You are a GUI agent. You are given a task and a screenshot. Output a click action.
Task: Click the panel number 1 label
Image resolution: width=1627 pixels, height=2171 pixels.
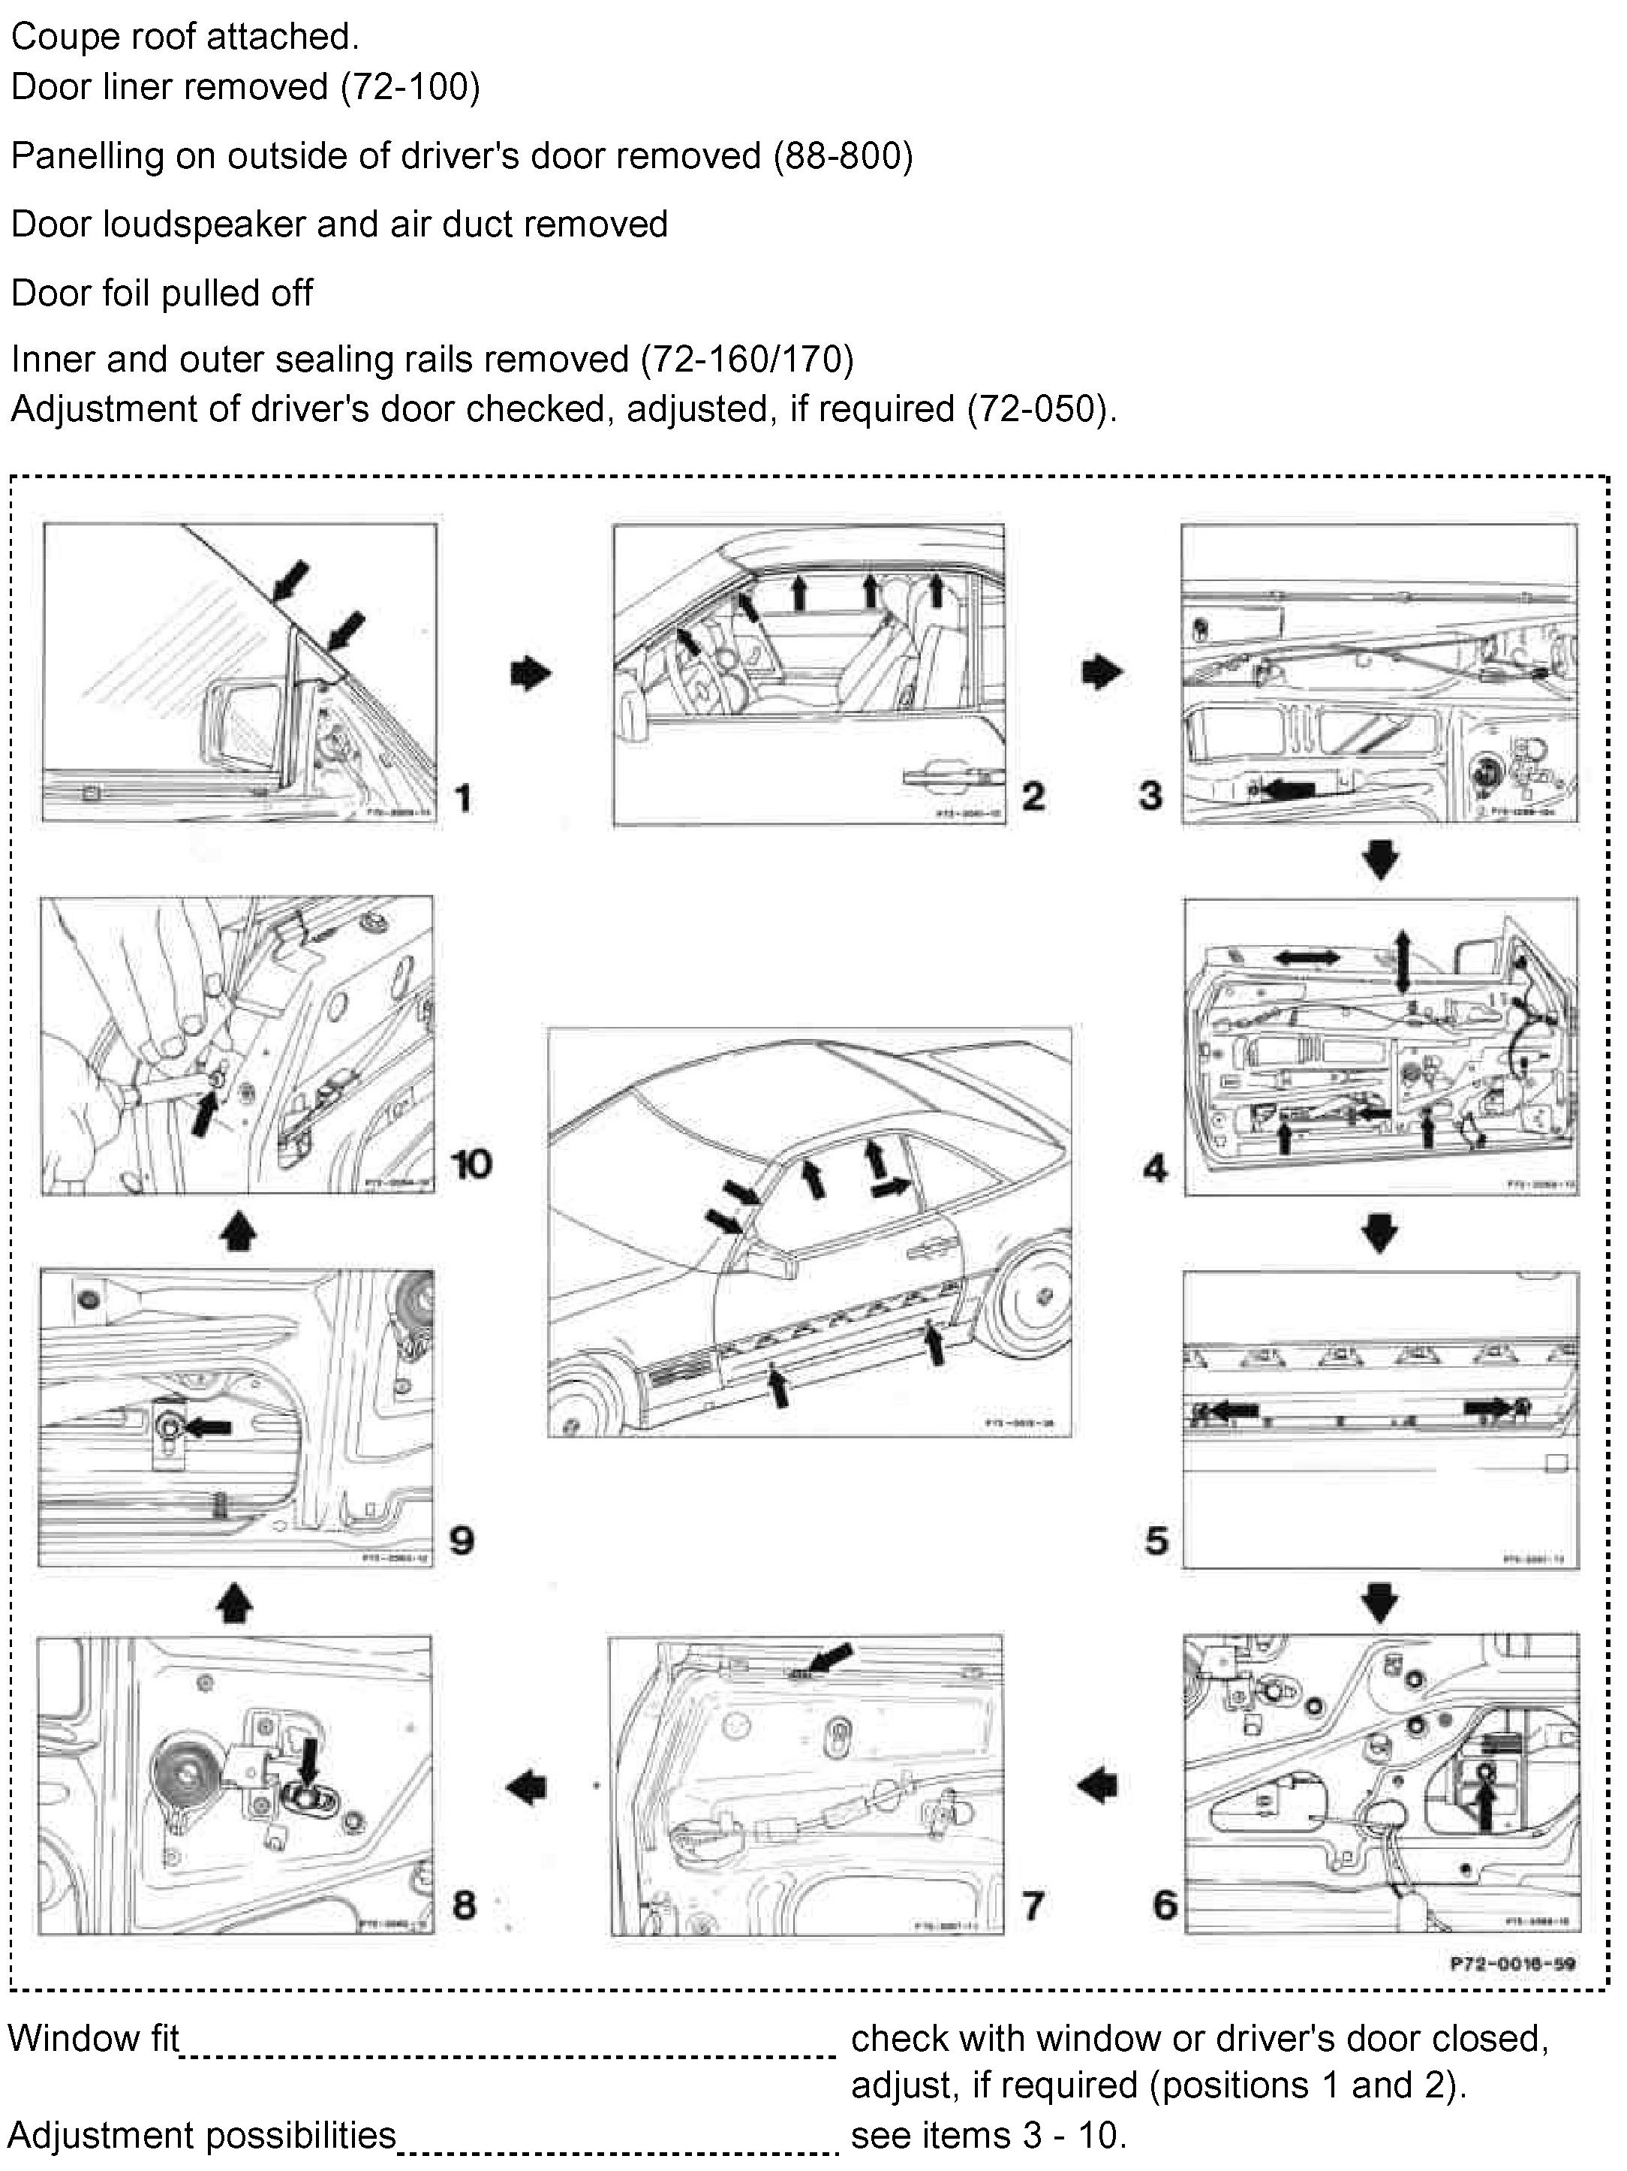click(463, 797)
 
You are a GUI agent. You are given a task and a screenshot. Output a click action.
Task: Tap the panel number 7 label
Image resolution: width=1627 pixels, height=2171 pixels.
click(1033, 1905)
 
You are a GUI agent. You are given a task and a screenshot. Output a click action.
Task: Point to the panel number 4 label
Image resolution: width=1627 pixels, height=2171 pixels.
click(1155, 1168)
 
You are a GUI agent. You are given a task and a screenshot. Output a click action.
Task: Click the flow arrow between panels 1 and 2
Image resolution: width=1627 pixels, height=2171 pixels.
click(531, 673)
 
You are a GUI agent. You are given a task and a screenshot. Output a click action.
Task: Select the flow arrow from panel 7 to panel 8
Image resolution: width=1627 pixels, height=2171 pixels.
click(526, 1786)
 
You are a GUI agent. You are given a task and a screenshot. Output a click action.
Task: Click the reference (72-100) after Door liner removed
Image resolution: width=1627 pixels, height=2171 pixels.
click(411, 87)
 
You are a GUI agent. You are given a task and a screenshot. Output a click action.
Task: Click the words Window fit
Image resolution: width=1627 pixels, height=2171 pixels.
click(95, 2038)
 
